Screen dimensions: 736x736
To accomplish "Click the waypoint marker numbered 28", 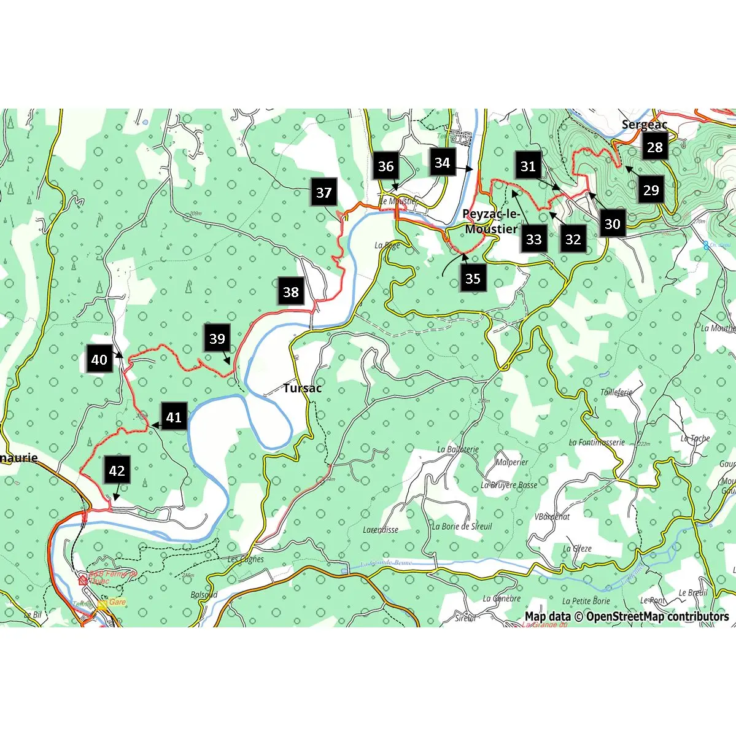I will (655, 147).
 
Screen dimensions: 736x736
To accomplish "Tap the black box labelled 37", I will (323, 193).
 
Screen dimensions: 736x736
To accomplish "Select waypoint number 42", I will (117, 471).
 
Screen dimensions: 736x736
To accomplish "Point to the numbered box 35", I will (472, 279).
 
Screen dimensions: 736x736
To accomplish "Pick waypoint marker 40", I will (99, 360).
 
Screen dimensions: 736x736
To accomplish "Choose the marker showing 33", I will (533, 239).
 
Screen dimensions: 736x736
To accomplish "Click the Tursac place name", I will (302, 388).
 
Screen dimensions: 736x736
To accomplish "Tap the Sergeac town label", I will (644, 125).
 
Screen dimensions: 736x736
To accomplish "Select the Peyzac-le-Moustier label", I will (490, 222).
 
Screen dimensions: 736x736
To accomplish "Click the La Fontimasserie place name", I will (597, 442).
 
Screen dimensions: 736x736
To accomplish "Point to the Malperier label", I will (512, 462).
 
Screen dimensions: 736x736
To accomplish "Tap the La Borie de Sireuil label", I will (462, 526).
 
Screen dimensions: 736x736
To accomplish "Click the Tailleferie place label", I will (616, 392).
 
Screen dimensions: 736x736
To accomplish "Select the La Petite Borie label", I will (586, 601).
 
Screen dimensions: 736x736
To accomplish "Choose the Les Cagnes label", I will (246, 559).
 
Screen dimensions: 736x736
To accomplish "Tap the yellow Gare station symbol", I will (102, 603).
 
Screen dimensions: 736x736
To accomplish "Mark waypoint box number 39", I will (217, 339).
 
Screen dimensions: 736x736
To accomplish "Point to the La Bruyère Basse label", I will (509, 485).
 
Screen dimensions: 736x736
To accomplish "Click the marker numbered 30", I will (612, 224).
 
